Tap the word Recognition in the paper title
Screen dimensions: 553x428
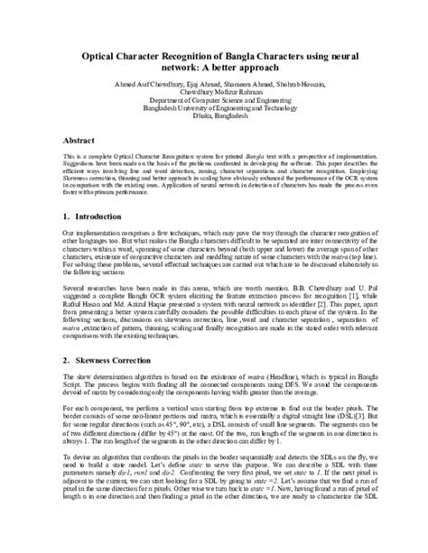[x=189, y=55]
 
